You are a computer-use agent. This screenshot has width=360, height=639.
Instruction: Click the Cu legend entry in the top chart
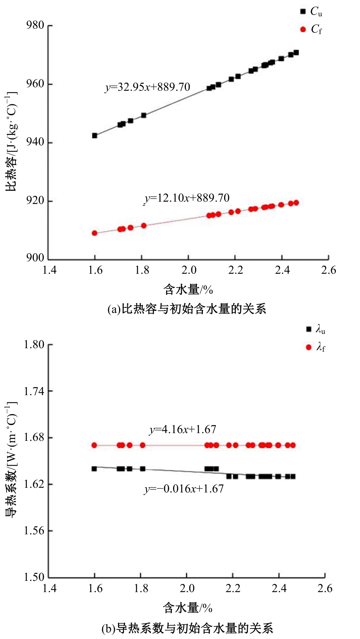pos(311,12)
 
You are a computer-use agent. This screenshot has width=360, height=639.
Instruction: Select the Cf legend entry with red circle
pos(311,29)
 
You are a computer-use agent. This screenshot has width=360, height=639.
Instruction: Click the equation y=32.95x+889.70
pos(148,87)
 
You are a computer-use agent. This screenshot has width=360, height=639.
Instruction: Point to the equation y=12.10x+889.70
pos(187,198)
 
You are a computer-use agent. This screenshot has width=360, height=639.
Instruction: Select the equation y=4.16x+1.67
pos(182,430)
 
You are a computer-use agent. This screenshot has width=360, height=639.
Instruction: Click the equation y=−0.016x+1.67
pos(184,489)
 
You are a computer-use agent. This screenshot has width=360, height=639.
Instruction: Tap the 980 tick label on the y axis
pos(35,26)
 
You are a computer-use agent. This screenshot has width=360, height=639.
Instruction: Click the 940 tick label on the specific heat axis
pos(35,142)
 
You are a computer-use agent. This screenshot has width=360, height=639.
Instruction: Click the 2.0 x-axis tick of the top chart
pos(189,270)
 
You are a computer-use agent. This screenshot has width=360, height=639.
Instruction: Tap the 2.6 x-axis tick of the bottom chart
pos(325,589)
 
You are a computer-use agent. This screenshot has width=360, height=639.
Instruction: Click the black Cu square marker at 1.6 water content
pos(95,136)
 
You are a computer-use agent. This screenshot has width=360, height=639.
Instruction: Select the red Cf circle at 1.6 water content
pos(94,233)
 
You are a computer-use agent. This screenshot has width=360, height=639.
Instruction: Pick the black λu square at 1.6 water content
pos(94,469)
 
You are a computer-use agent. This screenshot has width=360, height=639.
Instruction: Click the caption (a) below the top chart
pos(187,309)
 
